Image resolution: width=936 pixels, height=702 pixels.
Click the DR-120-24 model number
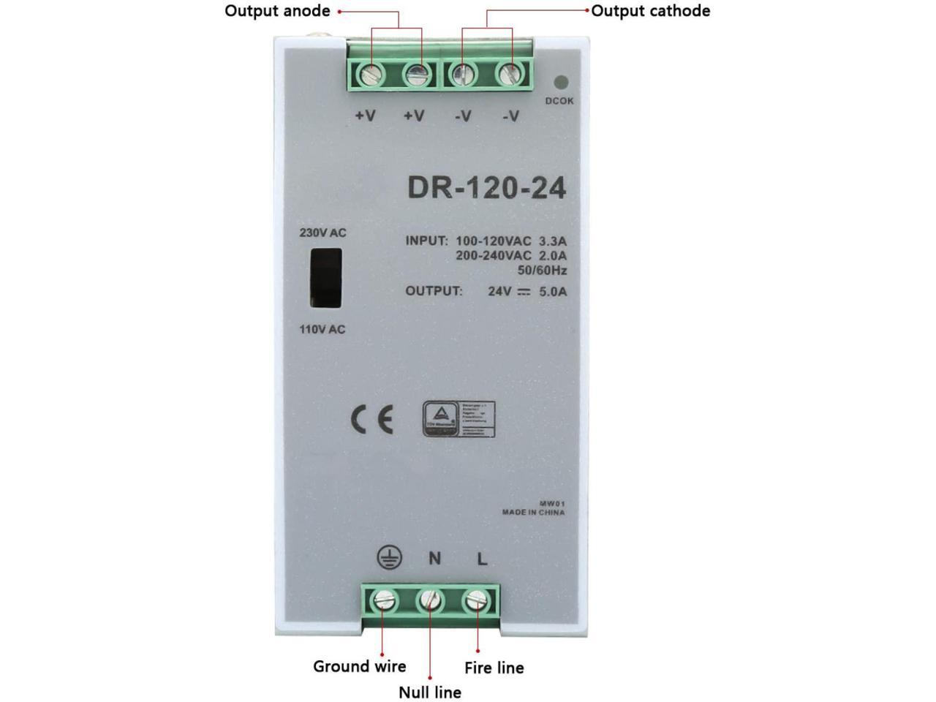[486, 188]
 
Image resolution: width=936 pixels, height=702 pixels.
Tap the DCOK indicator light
[562, 83]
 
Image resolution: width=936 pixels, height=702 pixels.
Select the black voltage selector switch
[325, 279]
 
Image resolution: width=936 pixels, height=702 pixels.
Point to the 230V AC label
[322, 233]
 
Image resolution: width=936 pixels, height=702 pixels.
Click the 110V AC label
[322, 330]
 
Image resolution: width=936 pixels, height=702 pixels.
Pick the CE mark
[372, 419]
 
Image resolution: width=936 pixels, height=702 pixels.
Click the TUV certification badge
[458, 419]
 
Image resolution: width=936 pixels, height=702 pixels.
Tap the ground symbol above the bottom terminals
[389, 558]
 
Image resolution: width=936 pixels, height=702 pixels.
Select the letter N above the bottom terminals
[434, 559]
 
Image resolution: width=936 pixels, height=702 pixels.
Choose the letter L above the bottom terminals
[482, 559]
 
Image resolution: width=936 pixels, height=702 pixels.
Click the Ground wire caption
[359, 666]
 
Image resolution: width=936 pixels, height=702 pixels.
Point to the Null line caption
[430, 692]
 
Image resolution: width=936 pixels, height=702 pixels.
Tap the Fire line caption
[494, 668]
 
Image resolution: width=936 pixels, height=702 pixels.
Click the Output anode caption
[277, 11]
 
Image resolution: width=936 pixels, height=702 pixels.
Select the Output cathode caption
[650, 11]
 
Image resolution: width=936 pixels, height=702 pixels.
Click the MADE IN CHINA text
[533, 513]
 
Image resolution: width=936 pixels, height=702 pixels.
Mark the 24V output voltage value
[499, 291]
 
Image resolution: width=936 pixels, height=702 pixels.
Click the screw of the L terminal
[476, 602]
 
